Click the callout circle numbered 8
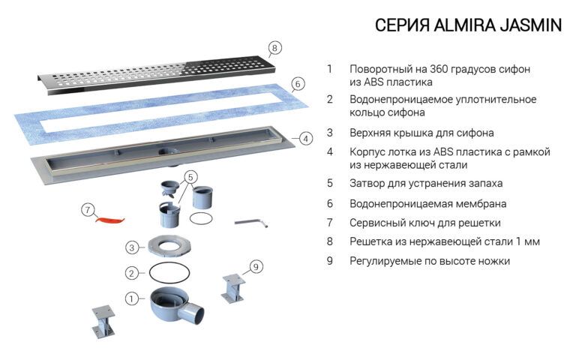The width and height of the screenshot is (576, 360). click(x=275, y=48)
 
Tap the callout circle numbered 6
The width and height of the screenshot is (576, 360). click(x=297, y=84)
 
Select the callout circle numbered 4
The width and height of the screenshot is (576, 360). click(x=305, y=139)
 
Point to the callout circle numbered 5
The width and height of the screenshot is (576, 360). click(x=192, y=178)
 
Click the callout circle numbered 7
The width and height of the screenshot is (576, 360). click(x=88, y=210)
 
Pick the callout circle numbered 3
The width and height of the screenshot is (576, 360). click(x=131, y=247)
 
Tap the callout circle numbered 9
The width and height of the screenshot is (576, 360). click(x=256, y=266)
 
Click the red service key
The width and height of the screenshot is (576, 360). click(x=109, y=218)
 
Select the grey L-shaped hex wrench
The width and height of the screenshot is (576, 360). click(x=250, y=222)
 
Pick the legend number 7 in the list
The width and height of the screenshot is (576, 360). click(x=329, y=223)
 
